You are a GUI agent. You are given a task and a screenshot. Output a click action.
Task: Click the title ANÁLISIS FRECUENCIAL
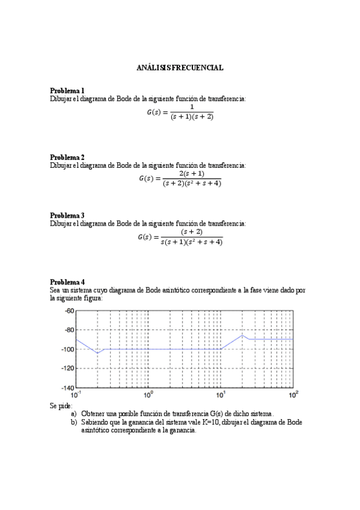click(x=180, y=68)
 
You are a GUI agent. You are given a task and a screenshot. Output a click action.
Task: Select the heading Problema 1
click(x=67, y=91)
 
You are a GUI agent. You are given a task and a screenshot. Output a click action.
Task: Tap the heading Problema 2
click(x=67, y=157)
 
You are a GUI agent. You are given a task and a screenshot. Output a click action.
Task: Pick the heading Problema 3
click(x=67, y=215)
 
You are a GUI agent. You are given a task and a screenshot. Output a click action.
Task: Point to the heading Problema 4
click(x=67, y=281)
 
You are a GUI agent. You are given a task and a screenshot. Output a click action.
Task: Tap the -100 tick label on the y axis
click(x=66, y=349)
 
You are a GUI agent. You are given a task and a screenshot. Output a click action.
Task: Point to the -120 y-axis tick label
click(x=66, y=368)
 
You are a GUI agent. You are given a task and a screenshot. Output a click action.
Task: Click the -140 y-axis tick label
click(x=66, y=387)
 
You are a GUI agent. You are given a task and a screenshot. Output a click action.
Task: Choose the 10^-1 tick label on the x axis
click(x=76, y=395)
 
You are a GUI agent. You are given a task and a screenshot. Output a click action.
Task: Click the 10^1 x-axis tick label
click(x=221, y=395)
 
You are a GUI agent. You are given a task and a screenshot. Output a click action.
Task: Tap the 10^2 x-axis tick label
click(x=293, y=395)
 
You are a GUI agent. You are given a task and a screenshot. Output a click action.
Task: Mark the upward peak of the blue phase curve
click(x=243, y=335)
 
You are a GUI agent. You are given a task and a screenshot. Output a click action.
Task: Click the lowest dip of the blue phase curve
click(x=98, y=353)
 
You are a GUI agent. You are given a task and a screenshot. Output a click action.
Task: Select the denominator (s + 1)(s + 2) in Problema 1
click(x=192, y=117)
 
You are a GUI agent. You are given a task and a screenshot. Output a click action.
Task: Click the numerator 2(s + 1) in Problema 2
click(x=192, y=174)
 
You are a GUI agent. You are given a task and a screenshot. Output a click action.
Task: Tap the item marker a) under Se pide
click(x=74, y=414)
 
